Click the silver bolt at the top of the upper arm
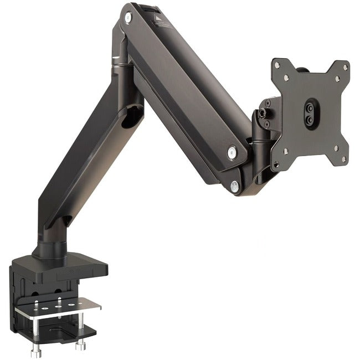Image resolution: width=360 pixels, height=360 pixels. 128,18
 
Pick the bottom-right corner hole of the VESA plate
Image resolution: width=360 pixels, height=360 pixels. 343,159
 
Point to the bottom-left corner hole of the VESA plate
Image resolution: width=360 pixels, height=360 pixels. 276,164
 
